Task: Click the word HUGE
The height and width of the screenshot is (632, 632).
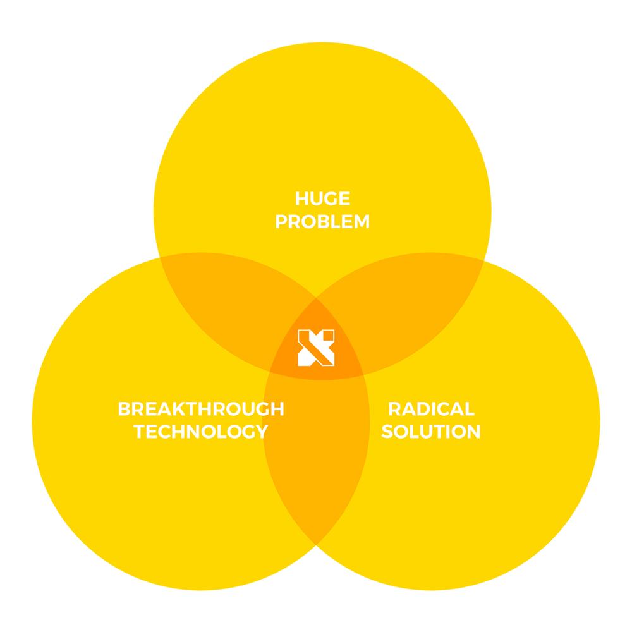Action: point(322,198)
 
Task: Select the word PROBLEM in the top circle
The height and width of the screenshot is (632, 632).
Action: point(322,221)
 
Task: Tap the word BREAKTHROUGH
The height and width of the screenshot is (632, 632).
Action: point(201,409)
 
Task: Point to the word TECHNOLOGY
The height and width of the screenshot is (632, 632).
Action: point(201,431)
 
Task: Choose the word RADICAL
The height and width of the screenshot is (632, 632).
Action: point(431,409)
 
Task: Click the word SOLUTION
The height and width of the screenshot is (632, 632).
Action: point(431,431)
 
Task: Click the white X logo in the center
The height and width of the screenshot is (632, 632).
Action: point(316,348)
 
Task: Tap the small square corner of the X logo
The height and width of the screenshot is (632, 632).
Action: point(329,336)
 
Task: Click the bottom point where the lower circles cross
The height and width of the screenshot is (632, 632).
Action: point(317,545)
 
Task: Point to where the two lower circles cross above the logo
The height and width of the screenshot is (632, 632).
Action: point(317,299)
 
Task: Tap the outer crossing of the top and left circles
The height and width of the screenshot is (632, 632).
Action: point(160,257)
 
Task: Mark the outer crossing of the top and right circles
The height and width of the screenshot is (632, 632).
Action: point(484,260)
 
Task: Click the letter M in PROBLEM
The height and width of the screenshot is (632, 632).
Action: point(362,221)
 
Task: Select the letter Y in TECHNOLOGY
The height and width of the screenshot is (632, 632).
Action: point(261,431)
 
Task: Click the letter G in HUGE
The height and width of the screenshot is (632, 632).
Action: point(329,198)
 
